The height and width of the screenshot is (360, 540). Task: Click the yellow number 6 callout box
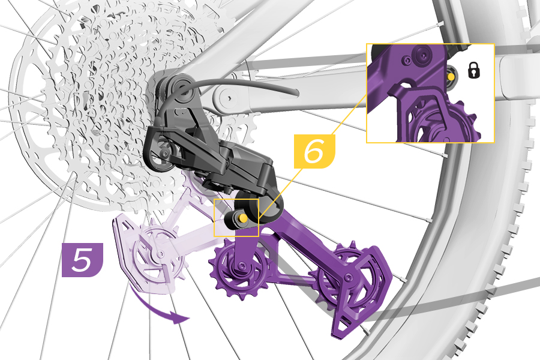tap(314, 151)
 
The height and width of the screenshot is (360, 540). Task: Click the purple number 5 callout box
tap(82, 259)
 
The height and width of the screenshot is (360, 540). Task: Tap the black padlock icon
tap(474, 70)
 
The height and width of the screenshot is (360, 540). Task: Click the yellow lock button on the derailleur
tap(243, 218)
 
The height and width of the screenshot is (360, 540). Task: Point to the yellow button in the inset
tap(451, 76)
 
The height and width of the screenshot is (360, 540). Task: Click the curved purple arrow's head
tap(182, 317)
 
